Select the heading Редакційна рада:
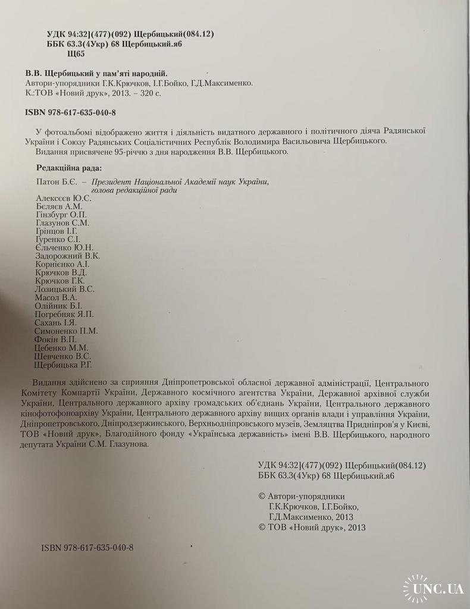[68, 167]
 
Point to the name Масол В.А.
[57, 297]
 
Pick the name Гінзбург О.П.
[61, 214]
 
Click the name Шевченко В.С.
[63, 356]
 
